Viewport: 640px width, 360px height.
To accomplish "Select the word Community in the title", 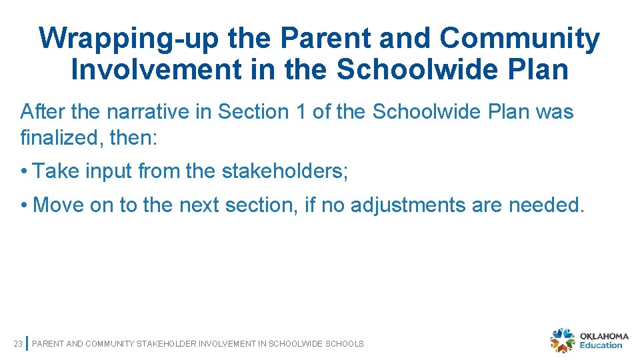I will (x=520, y=39).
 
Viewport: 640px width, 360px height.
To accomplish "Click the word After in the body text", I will (x=42, y=111).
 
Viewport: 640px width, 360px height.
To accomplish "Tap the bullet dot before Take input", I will (x=24, y=172).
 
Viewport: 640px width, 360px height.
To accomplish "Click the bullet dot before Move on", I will (x=24, y=205).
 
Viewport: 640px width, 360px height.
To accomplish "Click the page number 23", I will (x=18, y=344).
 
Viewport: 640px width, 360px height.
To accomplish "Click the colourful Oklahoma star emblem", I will (x=562, y=340).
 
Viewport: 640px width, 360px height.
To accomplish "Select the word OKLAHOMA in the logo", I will (x=604, y=336).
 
